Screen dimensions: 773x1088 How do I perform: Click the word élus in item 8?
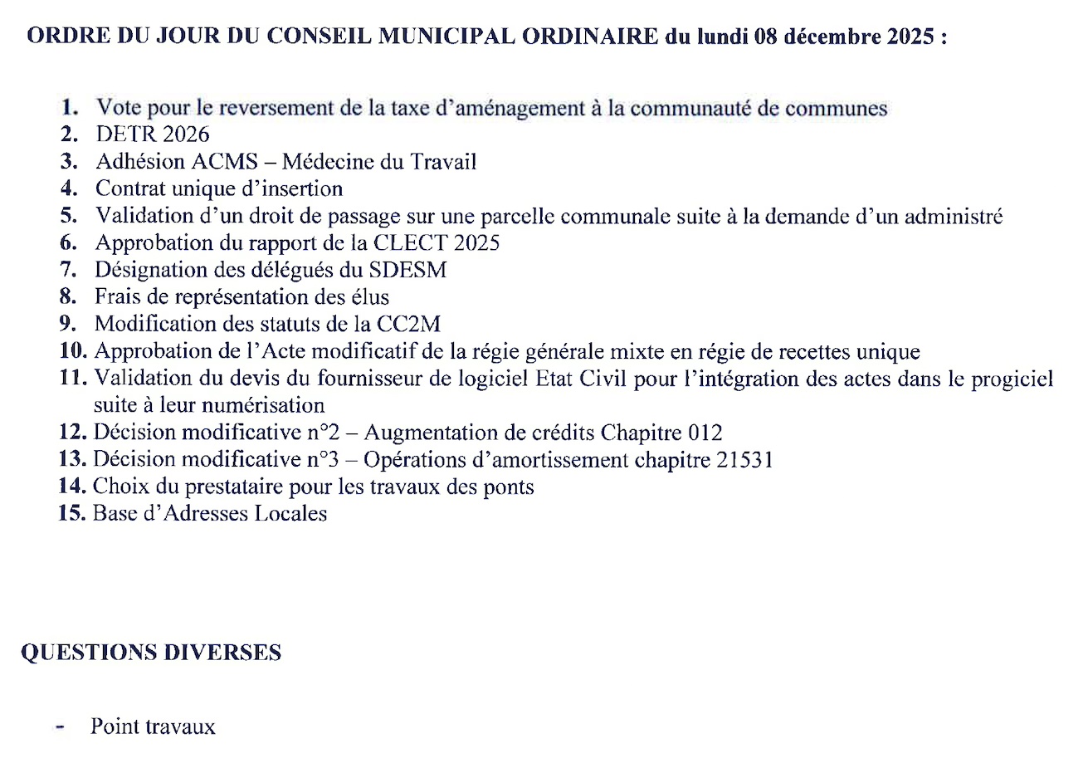[x=369, y=296]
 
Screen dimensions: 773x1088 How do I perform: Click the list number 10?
[x=72, y=351]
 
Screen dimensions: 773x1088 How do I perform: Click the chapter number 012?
[x=705, y=433]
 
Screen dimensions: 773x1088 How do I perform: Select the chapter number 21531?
[x=744, y=459]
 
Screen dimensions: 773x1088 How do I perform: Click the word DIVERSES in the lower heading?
[x=222, y=653]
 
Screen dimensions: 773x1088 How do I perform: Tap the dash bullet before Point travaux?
[x=60, y=727]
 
